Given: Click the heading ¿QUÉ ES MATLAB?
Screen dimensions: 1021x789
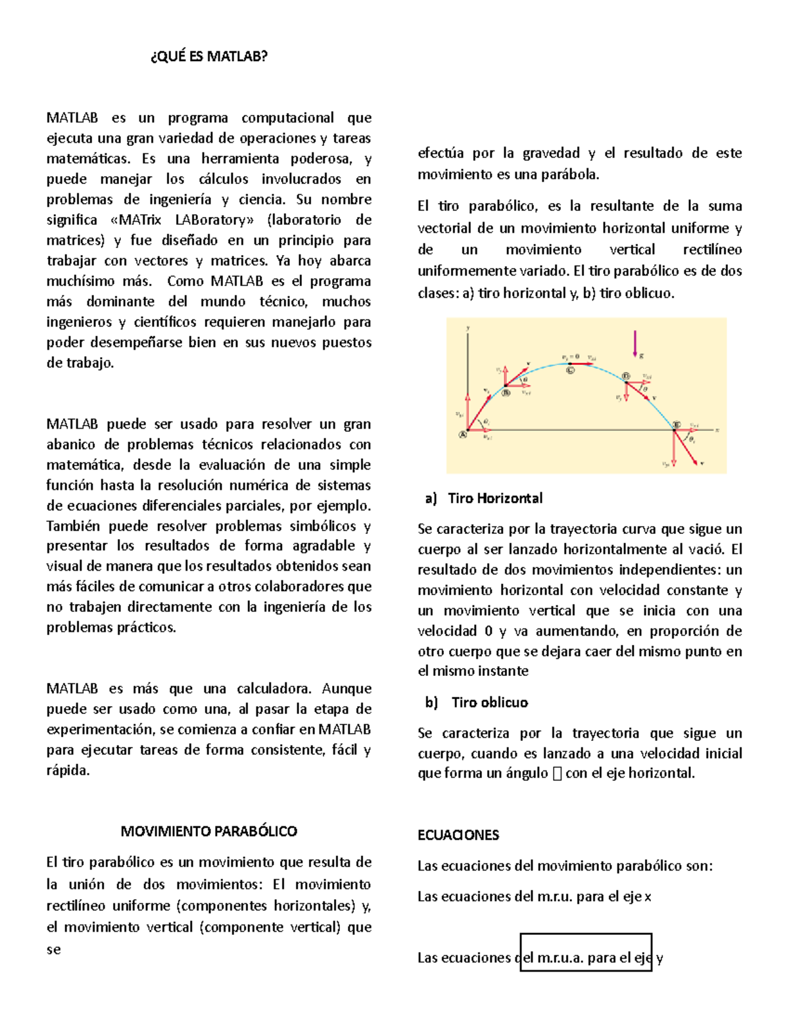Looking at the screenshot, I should pyautogui.click(x=209, y=57).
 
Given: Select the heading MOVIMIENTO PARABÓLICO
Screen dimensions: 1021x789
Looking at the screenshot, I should pyautogui.click(x=209, y=831).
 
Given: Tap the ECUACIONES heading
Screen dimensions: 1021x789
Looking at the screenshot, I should pyautogui.click(x=458, y=835).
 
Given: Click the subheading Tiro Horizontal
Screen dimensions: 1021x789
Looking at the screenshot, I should pyautogui.click(x=495, y=498).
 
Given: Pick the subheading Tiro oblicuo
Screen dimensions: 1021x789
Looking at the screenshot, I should pyautogui.click(x=490, y=702).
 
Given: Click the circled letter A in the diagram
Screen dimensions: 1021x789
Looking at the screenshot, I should pyautogui.click(x=463, y=434).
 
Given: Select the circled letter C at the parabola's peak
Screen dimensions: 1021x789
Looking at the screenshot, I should pyautogui.click(x=570, y=369).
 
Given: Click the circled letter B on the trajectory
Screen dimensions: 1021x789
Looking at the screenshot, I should pyautogui.click(x=506, y=393).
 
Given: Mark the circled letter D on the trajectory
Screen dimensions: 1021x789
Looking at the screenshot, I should pyautogui.click(x=626, y=376).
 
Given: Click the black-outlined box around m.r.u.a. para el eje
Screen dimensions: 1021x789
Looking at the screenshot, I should pyautogui.click(x=585, y=951).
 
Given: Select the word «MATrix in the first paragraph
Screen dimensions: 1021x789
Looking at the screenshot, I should pyautogui.click(x=137, y=220).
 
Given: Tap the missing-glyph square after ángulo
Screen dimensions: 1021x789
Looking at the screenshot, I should pyautogui.click(x=558, y=774).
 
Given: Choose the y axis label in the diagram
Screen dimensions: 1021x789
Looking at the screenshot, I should pyautogui.click(x=467, y=327).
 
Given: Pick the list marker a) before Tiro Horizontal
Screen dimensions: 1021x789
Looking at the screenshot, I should pyautogui.click(x=431, y=498).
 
